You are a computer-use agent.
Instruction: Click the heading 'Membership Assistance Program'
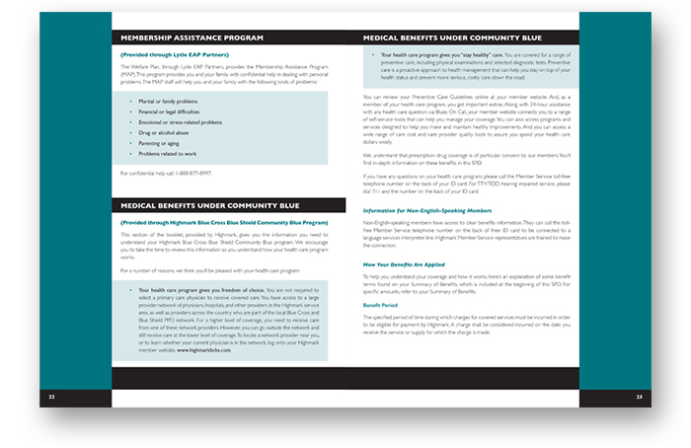point(192,37)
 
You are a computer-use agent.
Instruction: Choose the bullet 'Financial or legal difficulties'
point(174,112)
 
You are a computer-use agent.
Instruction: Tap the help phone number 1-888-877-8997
point(195,173)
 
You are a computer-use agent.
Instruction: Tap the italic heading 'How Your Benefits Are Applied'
point(405,265)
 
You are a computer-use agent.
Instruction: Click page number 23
point(640,398)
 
